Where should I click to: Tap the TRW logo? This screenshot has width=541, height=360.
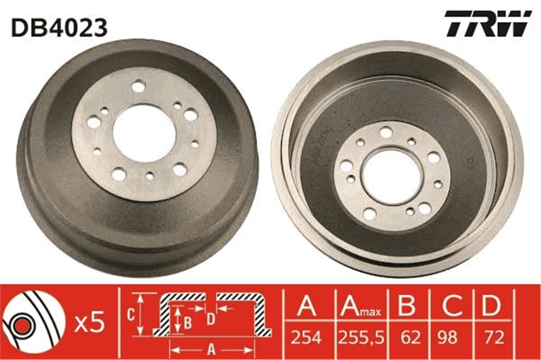point(488,23)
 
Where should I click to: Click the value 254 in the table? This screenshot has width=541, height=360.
point(306,337)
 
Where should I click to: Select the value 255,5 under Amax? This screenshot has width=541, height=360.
point(361,338)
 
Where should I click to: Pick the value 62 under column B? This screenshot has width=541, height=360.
point(411,337)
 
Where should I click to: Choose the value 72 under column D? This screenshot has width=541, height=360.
point(494,337)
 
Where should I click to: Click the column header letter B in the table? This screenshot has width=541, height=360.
point(407,305)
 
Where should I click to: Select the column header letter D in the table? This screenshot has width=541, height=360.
point(491,305)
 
